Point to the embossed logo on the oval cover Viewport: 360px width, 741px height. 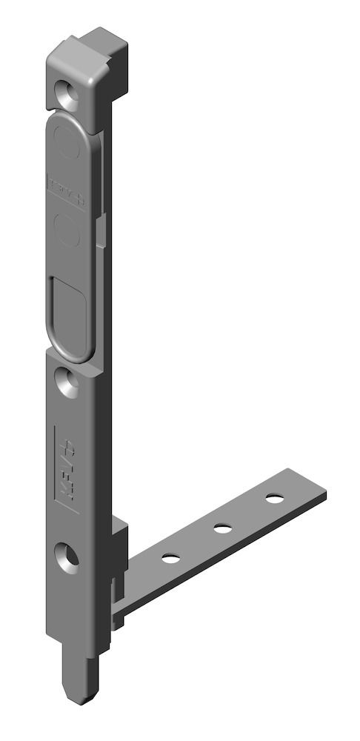67,190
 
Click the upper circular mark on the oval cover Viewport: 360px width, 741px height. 68,147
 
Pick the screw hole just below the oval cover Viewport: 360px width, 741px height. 68,382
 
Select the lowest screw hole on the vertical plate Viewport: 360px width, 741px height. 68,556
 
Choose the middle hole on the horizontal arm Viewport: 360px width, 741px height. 221,528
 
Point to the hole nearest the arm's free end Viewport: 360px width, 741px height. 275,498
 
